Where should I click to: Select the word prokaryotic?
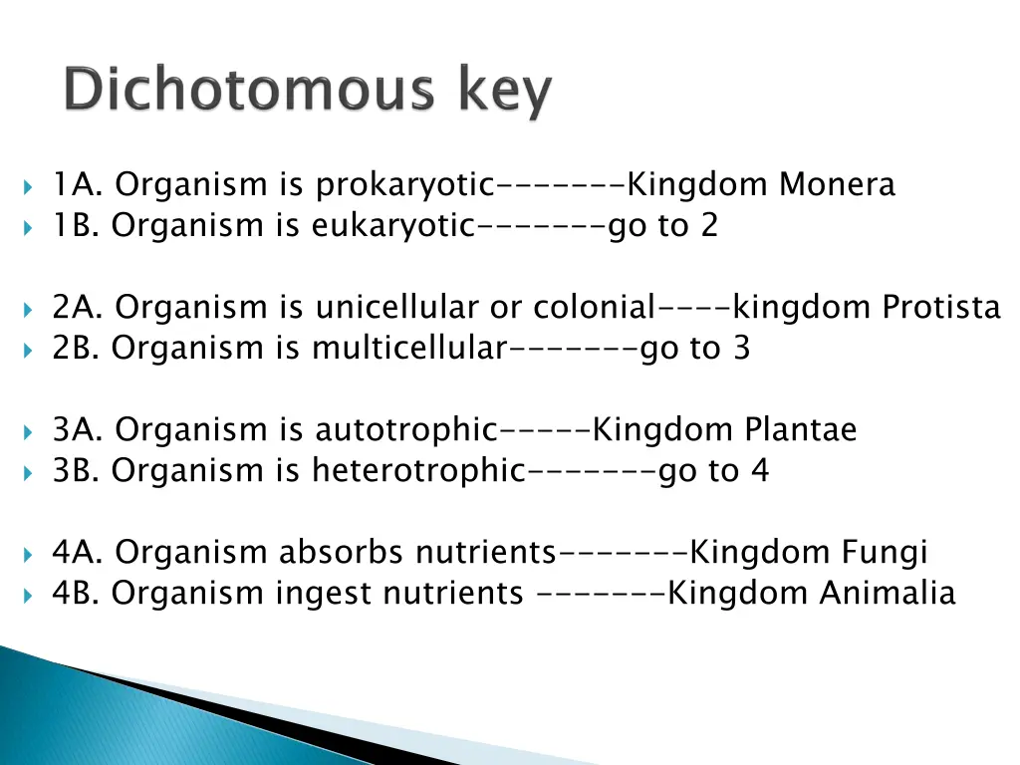(404, 186)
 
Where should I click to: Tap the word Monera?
(838, 185)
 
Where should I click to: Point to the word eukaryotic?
(393, 227)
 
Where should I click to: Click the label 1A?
(79, 185)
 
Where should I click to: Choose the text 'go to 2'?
(662, 227)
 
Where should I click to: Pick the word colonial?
(595, 308)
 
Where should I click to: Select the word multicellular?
(409, 349)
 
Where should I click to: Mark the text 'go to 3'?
(695, 349)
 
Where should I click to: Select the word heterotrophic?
(417, 471)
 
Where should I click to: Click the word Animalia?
(888, 594)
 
